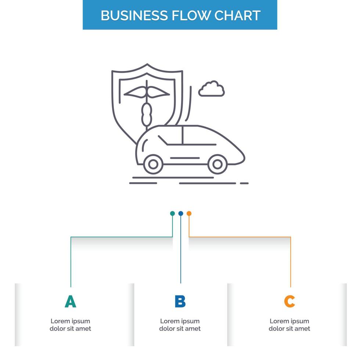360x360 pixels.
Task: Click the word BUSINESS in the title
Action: [134, 15]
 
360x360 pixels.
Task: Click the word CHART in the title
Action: [238, 15]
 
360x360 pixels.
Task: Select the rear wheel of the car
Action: [153, 164]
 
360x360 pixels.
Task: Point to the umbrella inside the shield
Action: [147, 92]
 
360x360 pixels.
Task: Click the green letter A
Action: [70, 302]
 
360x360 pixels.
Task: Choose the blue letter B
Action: [180, 302]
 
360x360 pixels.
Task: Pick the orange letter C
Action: [289, 302]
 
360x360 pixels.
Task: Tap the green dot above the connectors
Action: [172, 213]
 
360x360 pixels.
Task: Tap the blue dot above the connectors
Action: [180, 213]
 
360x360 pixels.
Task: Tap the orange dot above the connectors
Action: [189, 213]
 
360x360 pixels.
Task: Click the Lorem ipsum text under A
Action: [70, 325]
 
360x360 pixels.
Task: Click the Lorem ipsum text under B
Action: [180, 325]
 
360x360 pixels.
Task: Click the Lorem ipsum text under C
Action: [289, 325]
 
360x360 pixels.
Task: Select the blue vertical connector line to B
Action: [180, 253]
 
